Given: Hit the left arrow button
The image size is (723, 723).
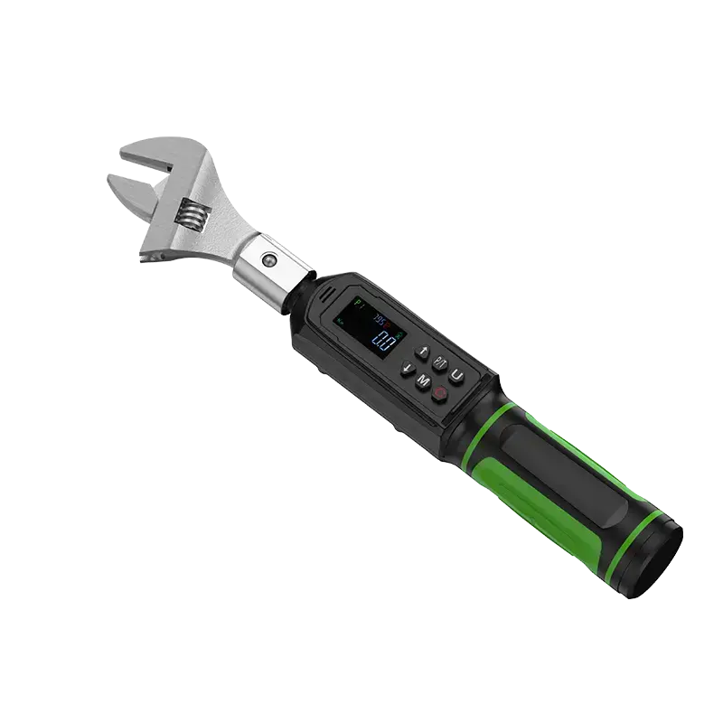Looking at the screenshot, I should coord(408,366).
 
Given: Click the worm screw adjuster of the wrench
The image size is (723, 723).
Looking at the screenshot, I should coord(192,213).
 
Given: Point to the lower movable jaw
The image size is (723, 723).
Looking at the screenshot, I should coord(127,192).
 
